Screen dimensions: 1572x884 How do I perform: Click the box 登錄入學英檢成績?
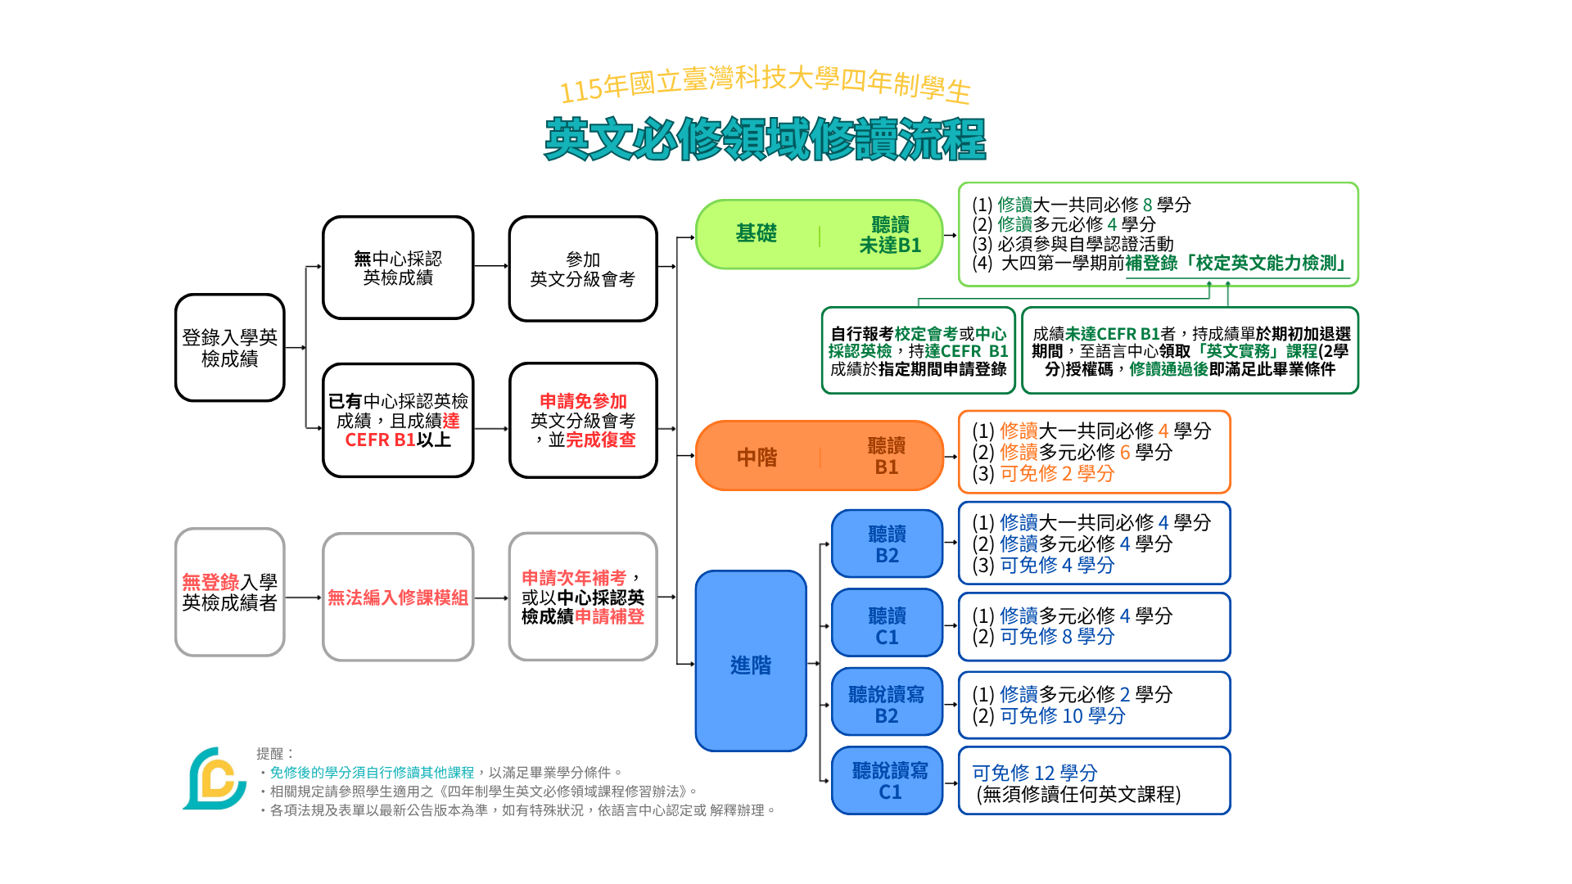click(x=230, y=348)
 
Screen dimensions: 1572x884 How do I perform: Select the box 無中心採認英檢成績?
click(x=398, y=268)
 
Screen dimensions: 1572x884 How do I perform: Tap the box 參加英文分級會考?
click(x=583, y=268)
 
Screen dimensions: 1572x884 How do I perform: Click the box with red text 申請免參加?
click(x=583, y=420)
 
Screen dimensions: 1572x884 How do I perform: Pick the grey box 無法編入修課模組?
click(x=398, y=597)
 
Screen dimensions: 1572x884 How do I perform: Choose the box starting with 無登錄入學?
click(x=230, y=592)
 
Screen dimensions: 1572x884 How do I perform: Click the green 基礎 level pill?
click(x=820, y=234)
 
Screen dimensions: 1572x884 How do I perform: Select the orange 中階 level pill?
click(x=820, y=456)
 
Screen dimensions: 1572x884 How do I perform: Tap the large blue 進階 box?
click(x=751, y=661)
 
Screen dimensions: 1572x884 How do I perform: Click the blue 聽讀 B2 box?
click(x=888, y=543)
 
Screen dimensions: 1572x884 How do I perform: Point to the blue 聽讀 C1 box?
click(x=888, y=623)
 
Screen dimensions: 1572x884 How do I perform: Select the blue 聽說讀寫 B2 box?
click(x=888, y=702)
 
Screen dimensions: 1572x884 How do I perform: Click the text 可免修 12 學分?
click(x=1034, y=773)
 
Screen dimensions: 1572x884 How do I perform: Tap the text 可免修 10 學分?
click(x=1063, y=715)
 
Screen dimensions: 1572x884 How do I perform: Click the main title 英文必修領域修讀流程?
click(x=766, y=139)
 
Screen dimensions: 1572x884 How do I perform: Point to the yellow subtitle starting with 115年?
click(x=766, y=85)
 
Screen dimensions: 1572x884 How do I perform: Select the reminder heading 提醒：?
click(x=275, y=754)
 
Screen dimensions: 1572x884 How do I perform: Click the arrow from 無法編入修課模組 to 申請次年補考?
click(x=491, y=598)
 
